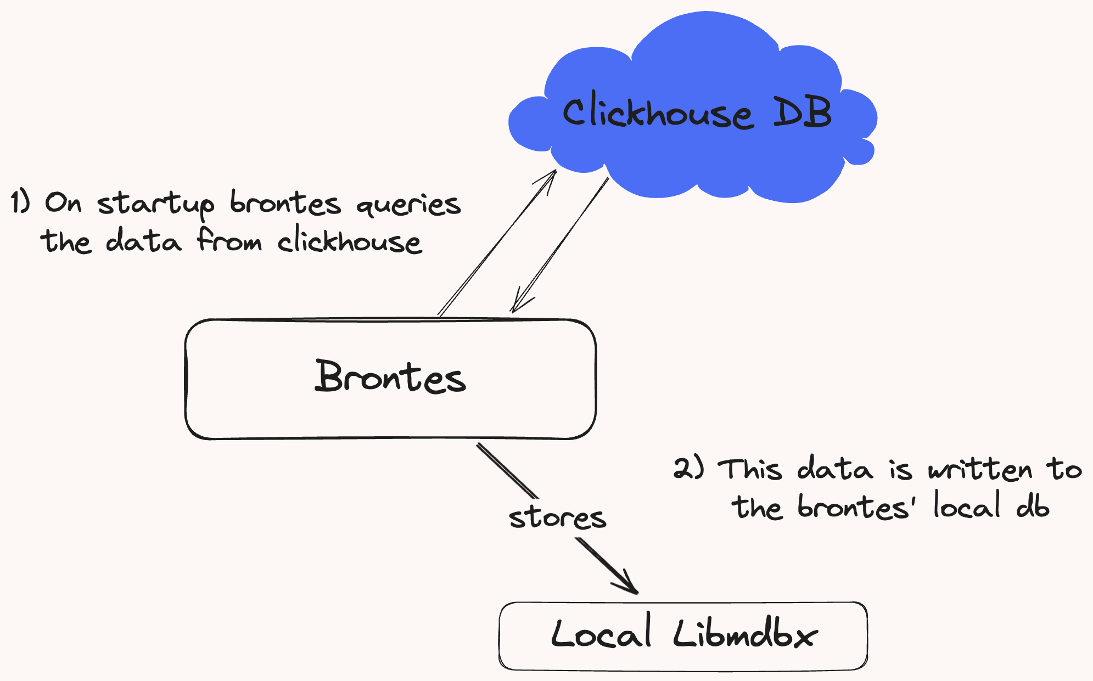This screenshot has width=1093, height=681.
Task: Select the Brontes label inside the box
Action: [390, 376]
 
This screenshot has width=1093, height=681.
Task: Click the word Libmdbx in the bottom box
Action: [746, 634]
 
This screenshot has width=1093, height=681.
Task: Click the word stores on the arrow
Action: [557, 517]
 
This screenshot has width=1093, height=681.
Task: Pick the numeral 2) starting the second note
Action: [688, 468]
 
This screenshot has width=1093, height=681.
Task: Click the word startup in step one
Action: [156, 204]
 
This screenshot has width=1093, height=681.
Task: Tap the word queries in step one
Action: [408, 205]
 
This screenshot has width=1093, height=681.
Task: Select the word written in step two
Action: [980, 469]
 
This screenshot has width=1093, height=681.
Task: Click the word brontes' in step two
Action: [856, 506]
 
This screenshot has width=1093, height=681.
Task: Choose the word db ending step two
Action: [1033, 505]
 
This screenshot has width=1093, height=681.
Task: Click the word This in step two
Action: [750, 469]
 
